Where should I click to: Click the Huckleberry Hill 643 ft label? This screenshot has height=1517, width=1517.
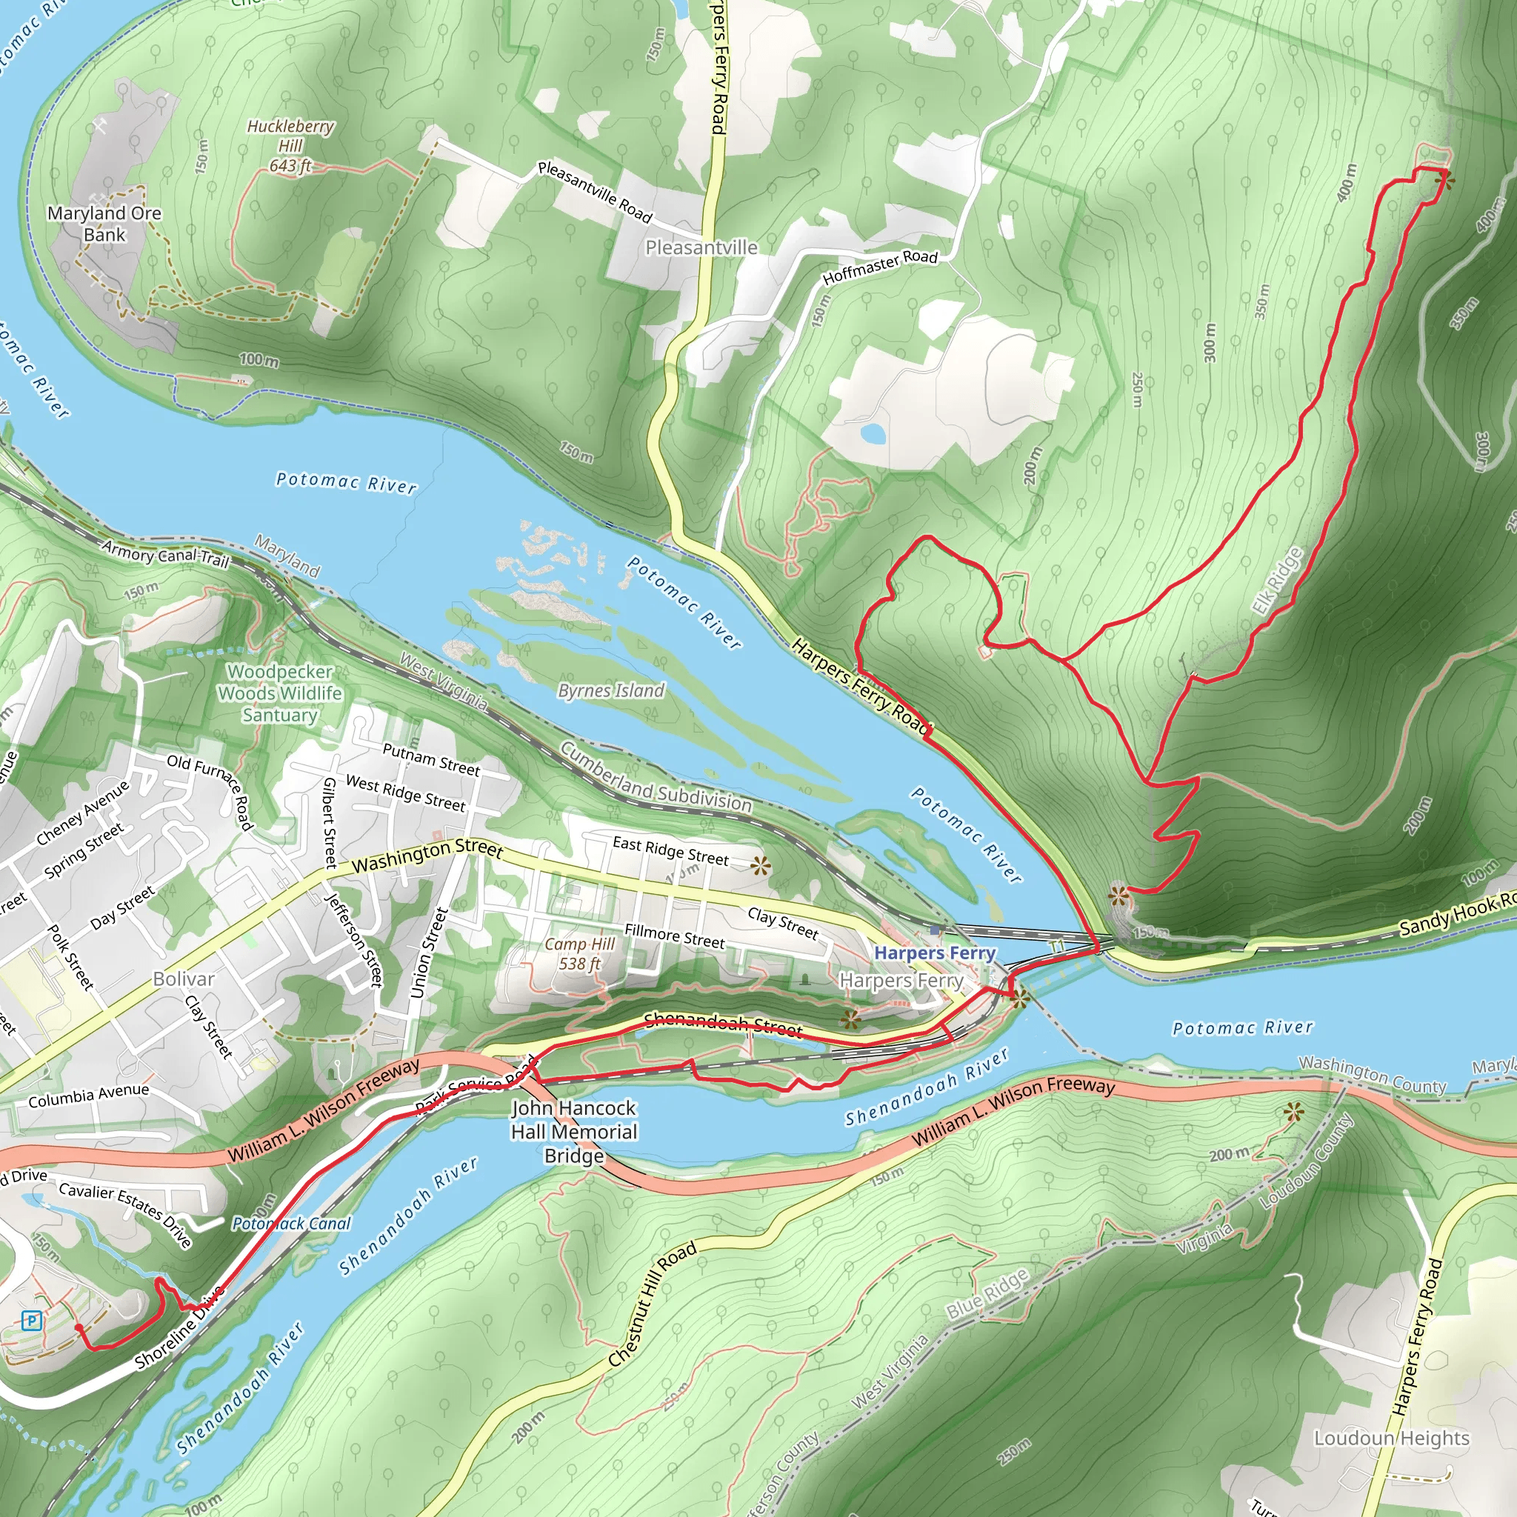[x=290, y=146]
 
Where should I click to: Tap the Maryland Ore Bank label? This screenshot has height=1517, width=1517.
[x=104, y=224]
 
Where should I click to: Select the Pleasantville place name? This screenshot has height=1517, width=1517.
[x=701, y=247]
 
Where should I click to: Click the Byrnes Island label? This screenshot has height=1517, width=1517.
[x=611, y=691]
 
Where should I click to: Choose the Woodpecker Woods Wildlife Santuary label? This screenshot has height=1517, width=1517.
[x=279, y=693]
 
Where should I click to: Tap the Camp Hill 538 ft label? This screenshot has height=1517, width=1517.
[x=579, y=954]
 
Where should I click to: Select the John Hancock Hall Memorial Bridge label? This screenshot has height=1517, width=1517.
[x=574, y=1132]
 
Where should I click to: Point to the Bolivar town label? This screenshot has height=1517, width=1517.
[x=183, y=979]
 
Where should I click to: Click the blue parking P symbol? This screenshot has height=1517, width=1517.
[x=31, y=1321]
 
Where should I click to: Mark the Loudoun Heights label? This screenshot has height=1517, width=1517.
[x=1391, y=1438]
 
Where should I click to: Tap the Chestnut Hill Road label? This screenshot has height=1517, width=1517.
[x=653, y=1304]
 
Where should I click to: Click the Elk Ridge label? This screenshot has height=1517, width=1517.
[x=1276, y=581]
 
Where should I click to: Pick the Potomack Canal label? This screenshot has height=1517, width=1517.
[x=291, y=1224]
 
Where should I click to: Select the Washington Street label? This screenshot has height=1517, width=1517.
[x=427, y=856]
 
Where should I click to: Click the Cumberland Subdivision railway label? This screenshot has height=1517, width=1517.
[x=656, y=777]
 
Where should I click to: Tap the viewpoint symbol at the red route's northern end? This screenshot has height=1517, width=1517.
[x=1443, y=181]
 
